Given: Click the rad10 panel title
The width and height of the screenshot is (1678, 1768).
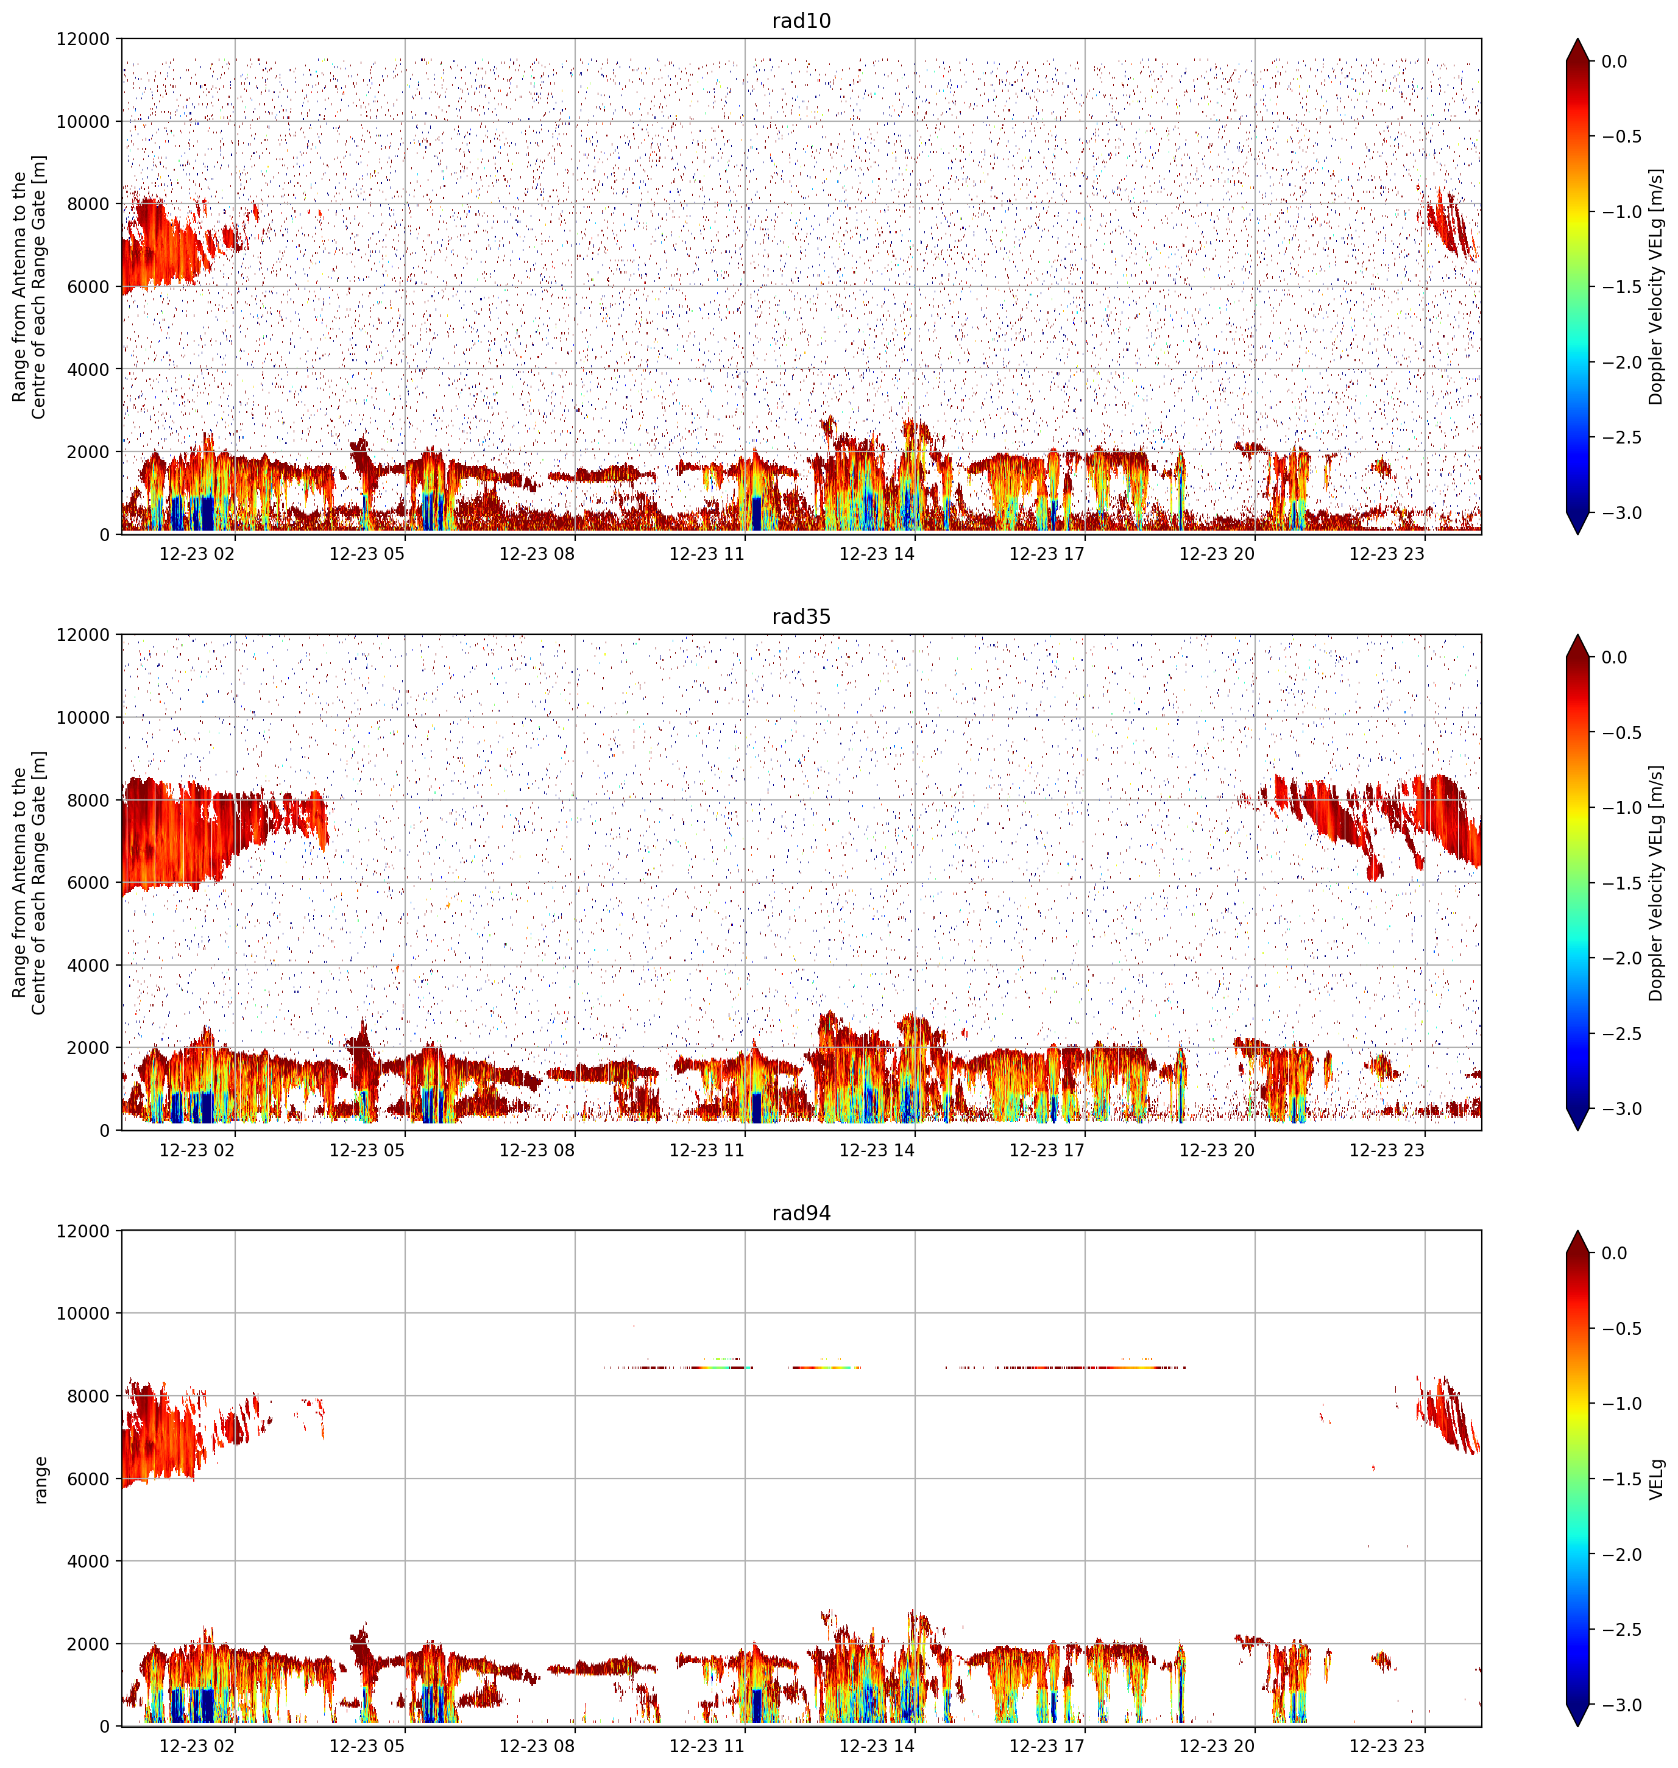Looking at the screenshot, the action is pyautogui.click(x=801, y=21).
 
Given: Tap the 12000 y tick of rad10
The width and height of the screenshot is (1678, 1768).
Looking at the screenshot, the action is pyautogui.click(x=82, y=40).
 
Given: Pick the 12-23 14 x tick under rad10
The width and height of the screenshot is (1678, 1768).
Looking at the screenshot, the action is pyautogui.click(x=877, y=554).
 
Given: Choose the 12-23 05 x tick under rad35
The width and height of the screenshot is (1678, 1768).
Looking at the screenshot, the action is pyautogui.click(x=367, y=1150).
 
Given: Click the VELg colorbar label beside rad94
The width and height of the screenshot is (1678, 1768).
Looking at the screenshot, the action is pyautogui.click(x=1657, y=1479).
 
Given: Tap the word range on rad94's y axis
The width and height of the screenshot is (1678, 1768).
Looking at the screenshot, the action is pyautogui.click(x=40, y=1479).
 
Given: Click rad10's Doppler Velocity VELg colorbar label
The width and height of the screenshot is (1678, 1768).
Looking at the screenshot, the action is pyautogui.click(x=1657, y=287).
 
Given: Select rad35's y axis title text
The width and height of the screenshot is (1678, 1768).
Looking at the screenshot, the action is pyautogui.click(x=29, y=883).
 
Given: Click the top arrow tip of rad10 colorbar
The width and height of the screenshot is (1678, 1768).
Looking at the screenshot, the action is pyautogui.click(x=1578, y=38).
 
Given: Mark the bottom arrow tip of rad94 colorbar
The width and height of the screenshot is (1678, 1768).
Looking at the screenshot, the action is pyautogui.click(x=1578, y=1727).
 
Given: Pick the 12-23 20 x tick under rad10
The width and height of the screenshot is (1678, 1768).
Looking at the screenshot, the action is pyautogui.click(x=1217, y=554).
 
